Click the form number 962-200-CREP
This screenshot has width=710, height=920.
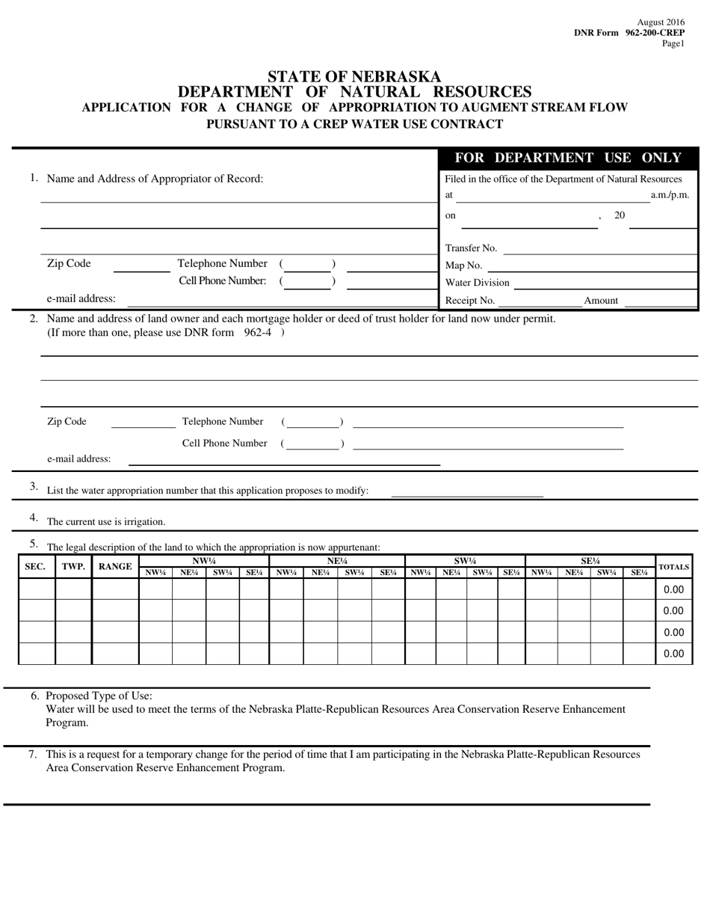[x=655, y=33]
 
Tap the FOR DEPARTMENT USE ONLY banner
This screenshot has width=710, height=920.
[x=568, y=158]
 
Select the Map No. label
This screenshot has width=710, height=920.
[x=463, y=266]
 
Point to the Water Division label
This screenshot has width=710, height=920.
[x=477, y=283]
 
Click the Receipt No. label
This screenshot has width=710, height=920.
[x=470, y=301]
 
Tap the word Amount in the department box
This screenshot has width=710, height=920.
[x=601, y=301]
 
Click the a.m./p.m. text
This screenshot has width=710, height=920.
[x=670, y=194]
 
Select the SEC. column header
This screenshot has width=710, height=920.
[x=35, y=567]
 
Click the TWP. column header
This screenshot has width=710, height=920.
[x=73, y=567]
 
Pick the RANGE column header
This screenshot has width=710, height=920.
[x=115, y=567]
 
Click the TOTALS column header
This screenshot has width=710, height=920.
[x=673, y=567]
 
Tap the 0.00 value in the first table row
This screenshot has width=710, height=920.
[x=673, y=589]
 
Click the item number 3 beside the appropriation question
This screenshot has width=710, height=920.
[x=34, y=486]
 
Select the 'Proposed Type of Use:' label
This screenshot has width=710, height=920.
[x=99, y=696]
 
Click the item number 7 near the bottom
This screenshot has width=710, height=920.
[x=33, y=754]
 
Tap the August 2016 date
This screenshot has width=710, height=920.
[x=661, y=23]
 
